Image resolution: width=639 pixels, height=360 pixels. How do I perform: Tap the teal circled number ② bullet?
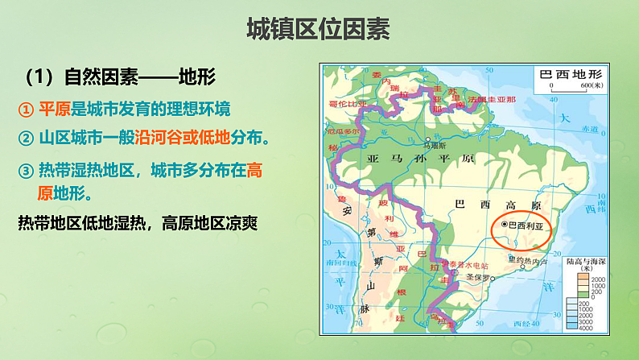[27, 138]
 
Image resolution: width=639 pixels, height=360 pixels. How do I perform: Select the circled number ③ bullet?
[27, 171]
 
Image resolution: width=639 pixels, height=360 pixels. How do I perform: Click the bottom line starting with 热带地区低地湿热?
[136, 222]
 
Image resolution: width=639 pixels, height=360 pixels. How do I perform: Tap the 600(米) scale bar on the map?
[571, 88]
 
